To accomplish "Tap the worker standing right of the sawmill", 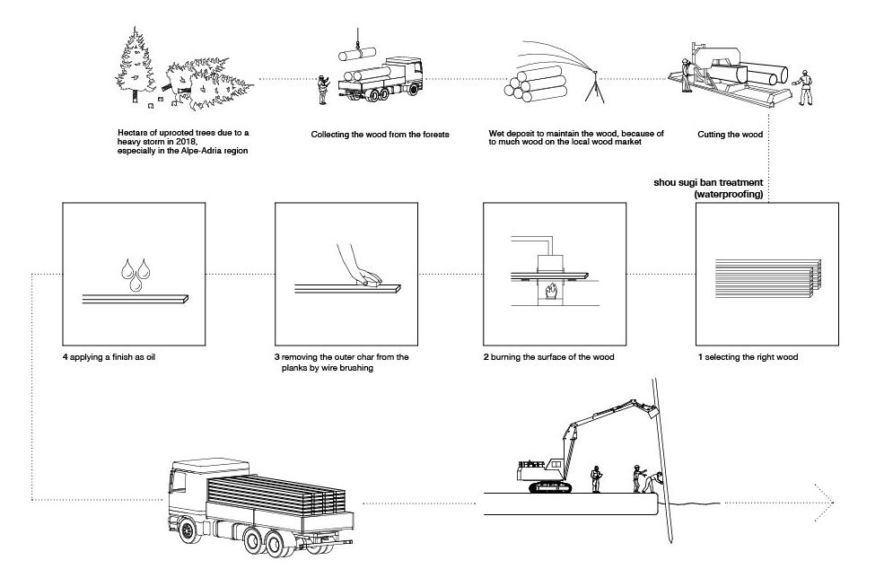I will tap(805, 86).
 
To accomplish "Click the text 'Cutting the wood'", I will tap(730, 135).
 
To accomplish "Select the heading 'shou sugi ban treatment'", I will tap(708, 182).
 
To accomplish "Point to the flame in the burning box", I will tap(551, 293).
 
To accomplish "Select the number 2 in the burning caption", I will tap(486, 357).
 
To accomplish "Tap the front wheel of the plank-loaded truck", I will tap(188, 530).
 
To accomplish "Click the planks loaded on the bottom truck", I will tap(274, 494).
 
